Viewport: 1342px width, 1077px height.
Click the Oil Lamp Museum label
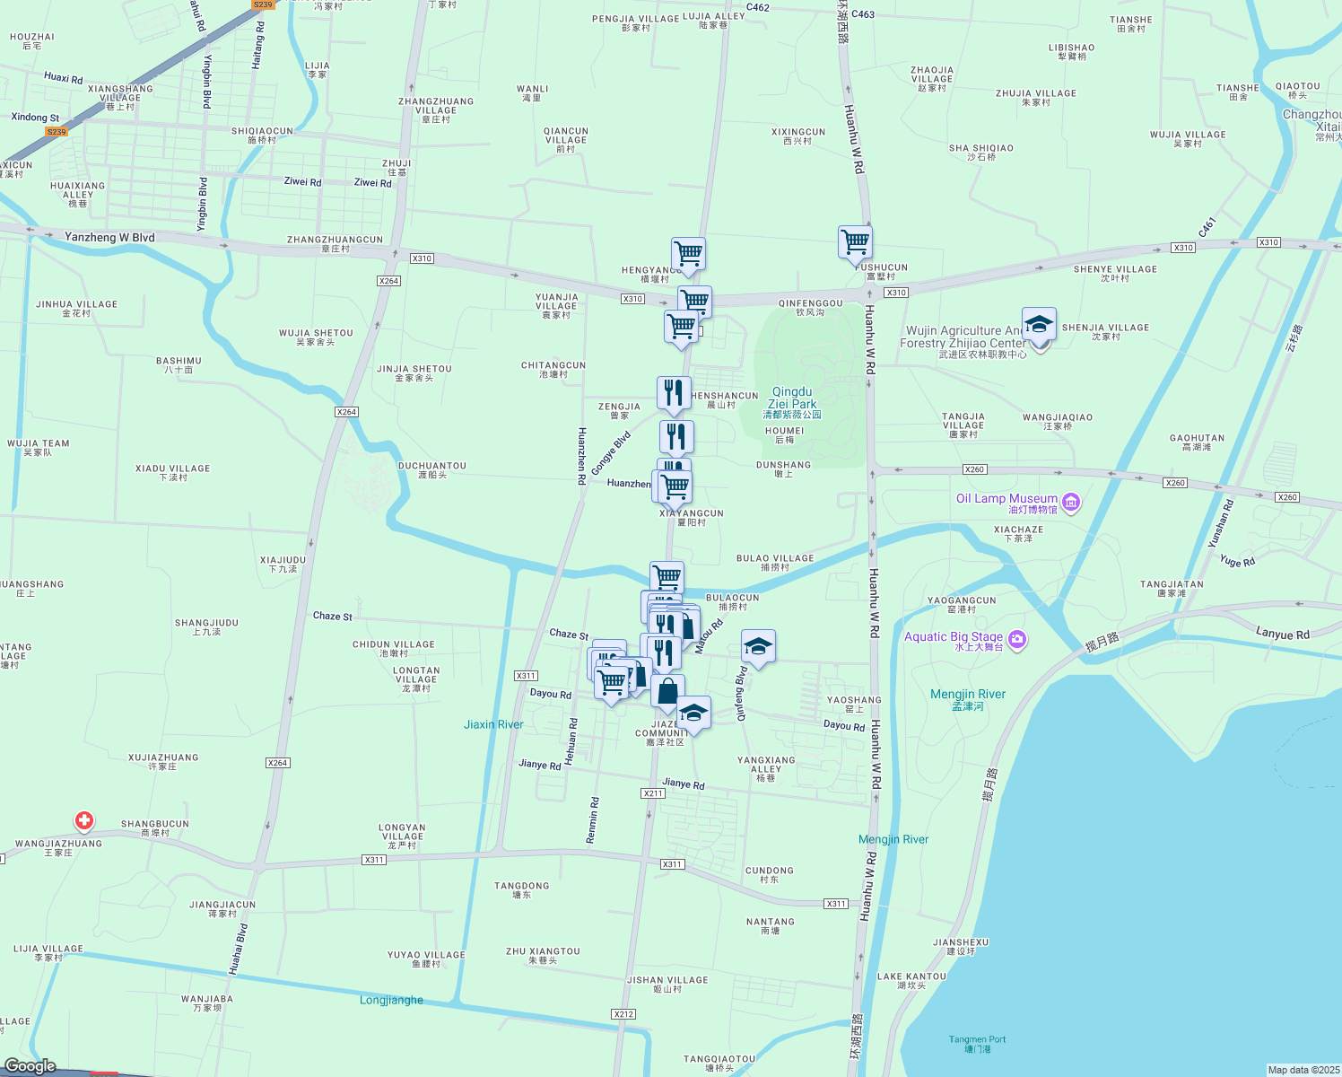(x=1006, y=499)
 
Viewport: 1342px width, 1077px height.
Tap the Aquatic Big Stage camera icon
(x=1017, y=639)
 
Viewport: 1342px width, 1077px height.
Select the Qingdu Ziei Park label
(x=792, y=398)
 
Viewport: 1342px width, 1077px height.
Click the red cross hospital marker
(x=84, y=820)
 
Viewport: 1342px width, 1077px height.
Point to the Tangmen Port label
(x=977, y=1040)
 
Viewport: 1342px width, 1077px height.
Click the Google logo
(x=30, y=1065)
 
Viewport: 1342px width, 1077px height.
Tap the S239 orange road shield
(x=57, y=132)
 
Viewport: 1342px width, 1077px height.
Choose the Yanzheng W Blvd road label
(x=109, y=238)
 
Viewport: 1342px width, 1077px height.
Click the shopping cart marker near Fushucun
(x=855, y=242)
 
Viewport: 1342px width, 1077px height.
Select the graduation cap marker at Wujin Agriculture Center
(x=1039, y=325)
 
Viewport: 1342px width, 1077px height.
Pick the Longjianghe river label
(x=391, y=1000)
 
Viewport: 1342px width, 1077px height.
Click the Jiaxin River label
(x=493, y=724)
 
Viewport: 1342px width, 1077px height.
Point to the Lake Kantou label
(x=911, y=976)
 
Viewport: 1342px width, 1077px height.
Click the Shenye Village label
(x=1115, y=269)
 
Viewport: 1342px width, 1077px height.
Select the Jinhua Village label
(x=76, y=304)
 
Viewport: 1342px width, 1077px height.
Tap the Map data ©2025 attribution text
(x=1303, y=1070)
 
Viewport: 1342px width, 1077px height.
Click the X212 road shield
(x=623, y=1014)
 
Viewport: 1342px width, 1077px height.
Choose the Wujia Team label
(x=38, y=443)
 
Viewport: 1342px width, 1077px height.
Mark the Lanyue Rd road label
(x=1282, y=635)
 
